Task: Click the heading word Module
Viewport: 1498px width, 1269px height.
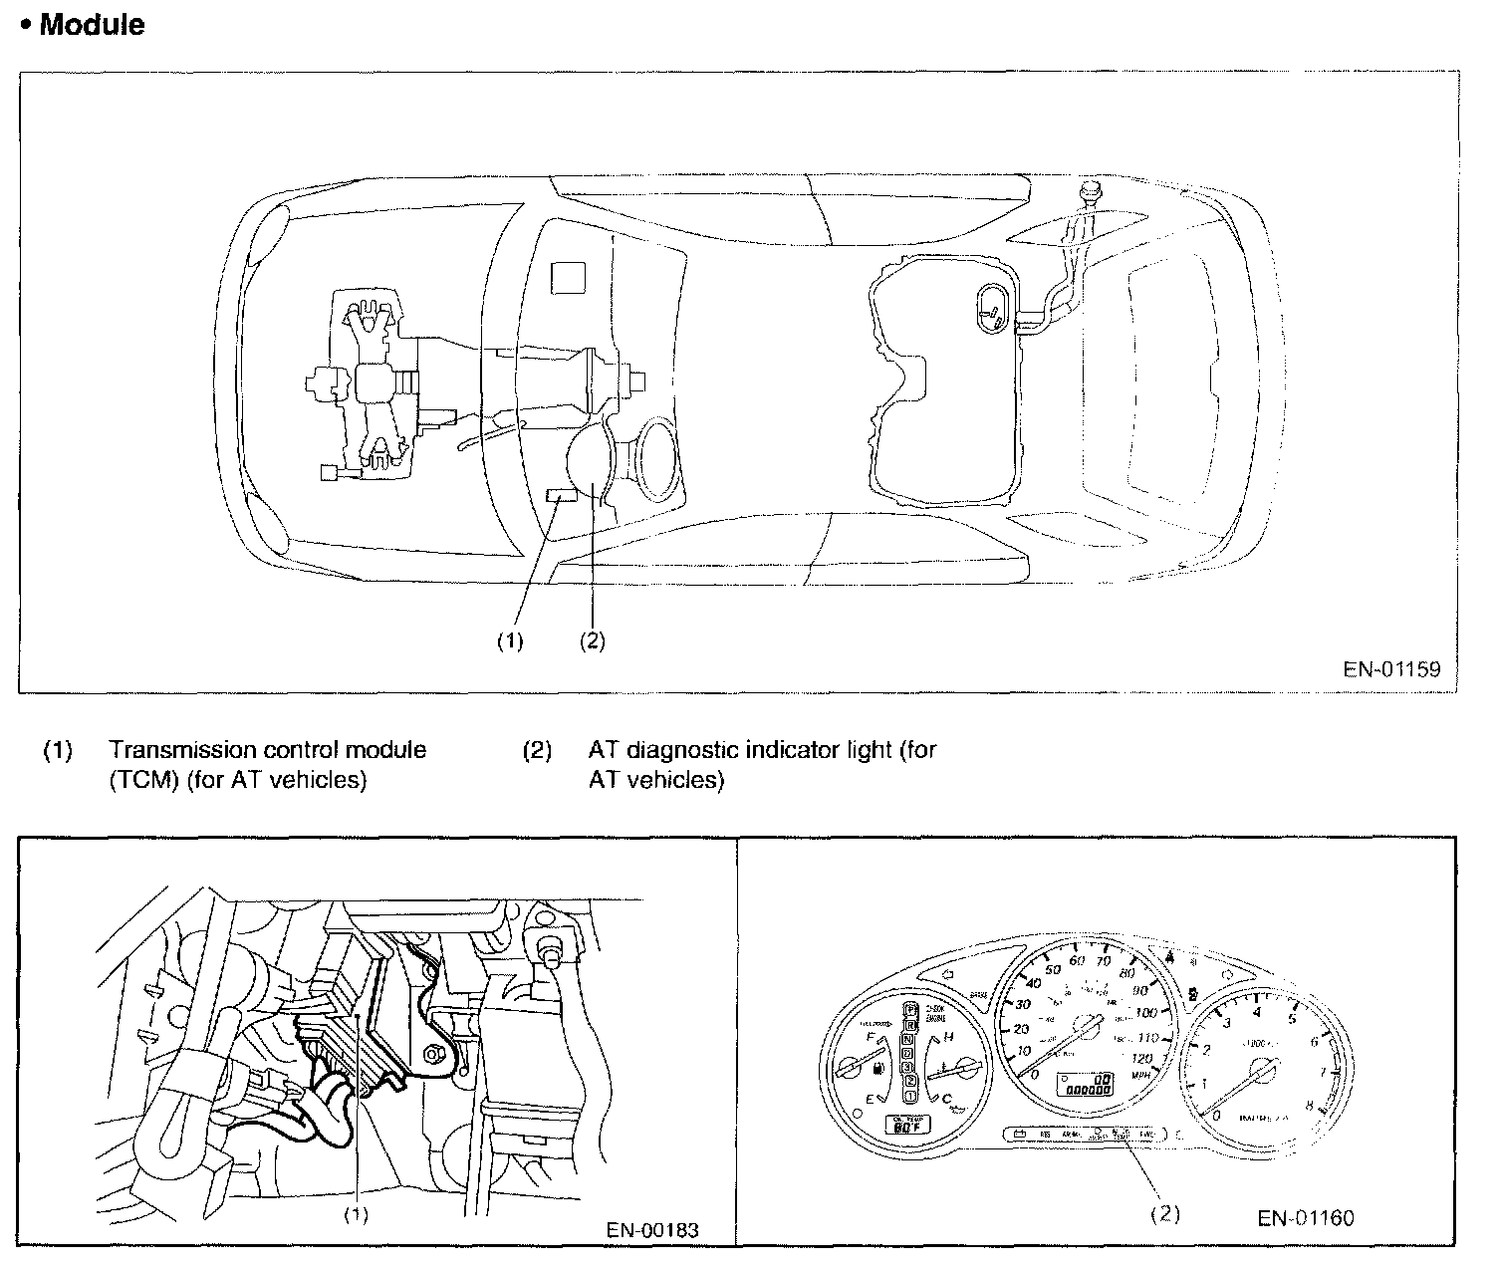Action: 92,25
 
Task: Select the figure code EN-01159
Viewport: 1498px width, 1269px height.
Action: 1391,669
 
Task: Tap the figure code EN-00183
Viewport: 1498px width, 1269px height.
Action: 652,1230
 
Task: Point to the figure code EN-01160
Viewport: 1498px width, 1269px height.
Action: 1306,1217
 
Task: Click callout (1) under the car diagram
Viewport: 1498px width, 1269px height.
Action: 510,641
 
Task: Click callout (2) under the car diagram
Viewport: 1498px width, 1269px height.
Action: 592,641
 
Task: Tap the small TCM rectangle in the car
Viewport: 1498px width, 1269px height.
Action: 563,497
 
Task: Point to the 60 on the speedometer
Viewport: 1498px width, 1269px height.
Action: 1076,961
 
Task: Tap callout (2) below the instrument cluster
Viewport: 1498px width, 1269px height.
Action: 1165,1214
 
